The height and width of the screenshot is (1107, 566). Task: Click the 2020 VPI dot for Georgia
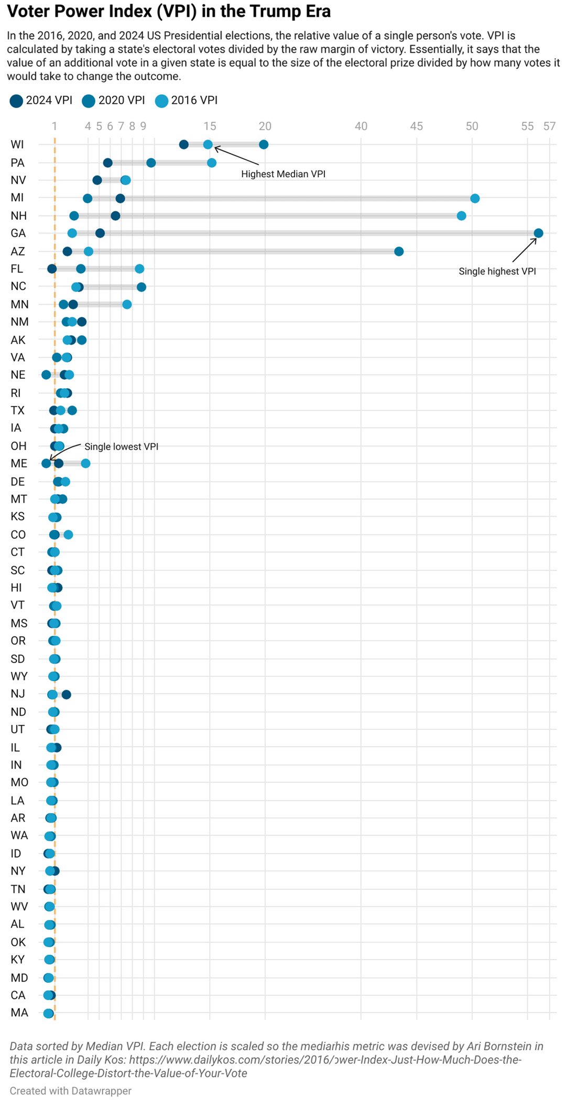pyautogui.click(x=538, y=233)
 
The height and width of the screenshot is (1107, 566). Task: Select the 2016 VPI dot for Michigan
pyautogui.click(x=475, y=198)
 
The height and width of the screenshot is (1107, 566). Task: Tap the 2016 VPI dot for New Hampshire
pyautogui.click(x=461, y=216)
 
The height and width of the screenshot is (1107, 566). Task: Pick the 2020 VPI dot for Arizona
pyautogui.click(x=399, y=252)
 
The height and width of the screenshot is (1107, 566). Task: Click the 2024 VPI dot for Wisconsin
pyautogui.click(x=184, y=145)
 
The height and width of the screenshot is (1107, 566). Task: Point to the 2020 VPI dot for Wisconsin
pyautogui.click(x=264, y=145)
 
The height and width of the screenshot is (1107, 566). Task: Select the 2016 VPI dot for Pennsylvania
pyautogui.click(x=212, y=163)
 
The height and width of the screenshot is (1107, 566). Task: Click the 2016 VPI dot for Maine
pyautogui.click(x=85, y=463)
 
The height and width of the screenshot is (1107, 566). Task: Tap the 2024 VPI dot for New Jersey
pyautogui.click(x=67, y=695)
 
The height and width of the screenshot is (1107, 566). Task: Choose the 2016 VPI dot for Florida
pyautogui.click(x=139, y=269)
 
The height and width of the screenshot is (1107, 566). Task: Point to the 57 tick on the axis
pyautogui.click(x=549, y=126)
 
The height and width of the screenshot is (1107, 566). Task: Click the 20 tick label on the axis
pyautogui.click(x=265, y=126)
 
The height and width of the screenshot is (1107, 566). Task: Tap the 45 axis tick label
pyautogui.click(x=416, y=126)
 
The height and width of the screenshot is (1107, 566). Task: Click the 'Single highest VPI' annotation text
pyautogui.click(x=497, y=271)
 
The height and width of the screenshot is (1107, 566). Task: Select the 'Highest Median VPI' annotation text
pyautogui.click(x=283, y=174)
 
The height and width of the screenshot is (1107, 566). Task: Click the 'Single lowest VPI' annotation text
pyautogui.click(x=121, y=446)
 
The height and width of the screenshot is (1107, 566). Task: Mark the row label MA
pyautogui.click(x=19, y=1013)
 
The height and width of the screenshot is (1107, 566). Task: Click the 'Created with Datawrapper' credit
pyautogui.click(x=70, y=1091)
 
